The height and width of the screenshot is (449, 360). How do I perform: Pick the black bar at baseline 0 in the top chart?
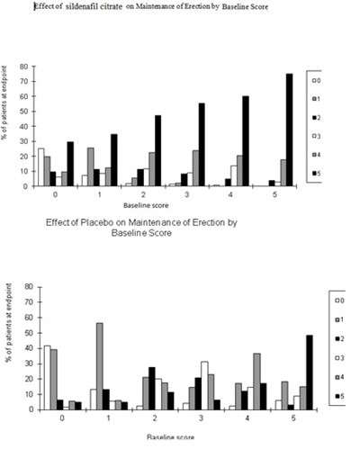70,164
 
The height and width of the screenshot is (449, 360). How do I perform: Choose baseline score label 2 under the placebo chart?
155,421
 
